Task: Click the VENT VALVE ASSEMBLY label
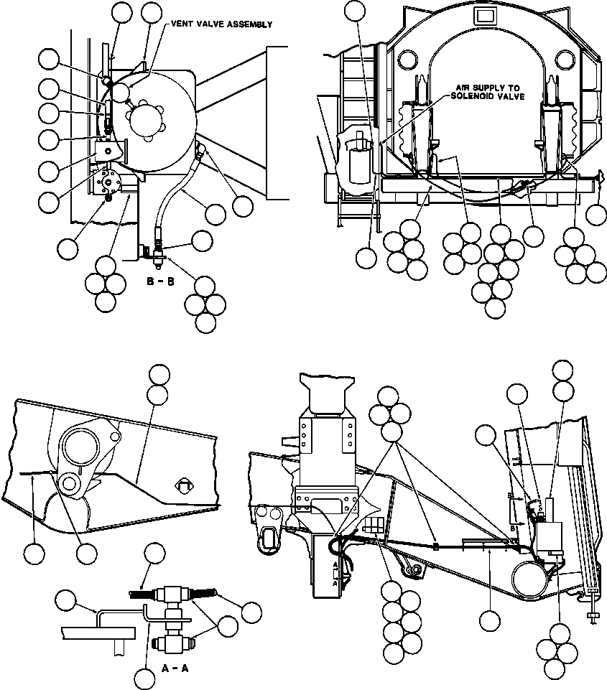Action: click(221, 24)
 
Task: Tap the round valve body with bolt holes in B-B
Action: click(109, 182)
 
